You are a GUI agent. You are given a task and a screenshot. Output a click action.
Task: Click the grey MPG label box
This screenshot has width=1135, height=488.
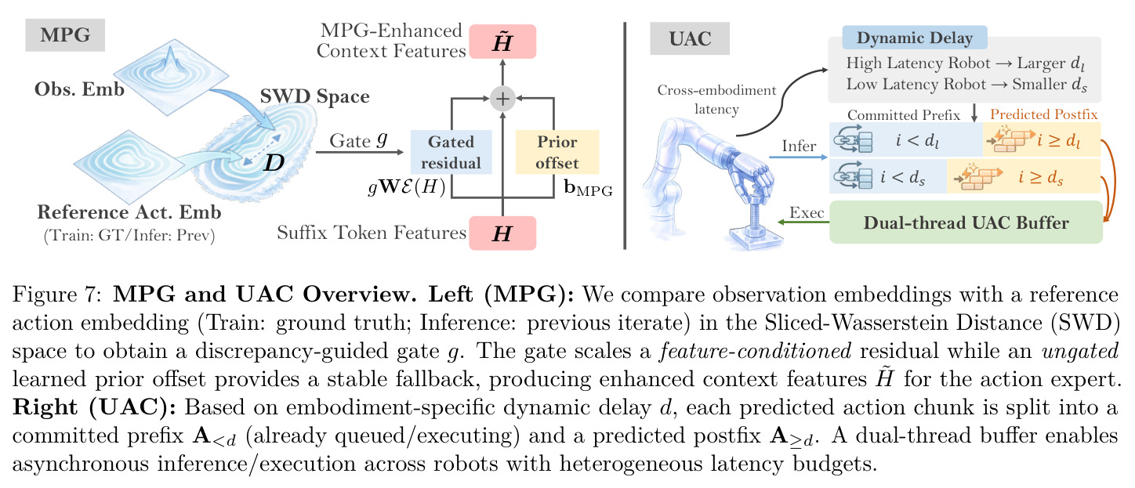pos(65,35)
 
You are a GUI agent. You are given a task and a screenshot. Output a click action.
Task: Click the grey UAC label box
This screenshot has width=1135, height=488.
pos(690,38)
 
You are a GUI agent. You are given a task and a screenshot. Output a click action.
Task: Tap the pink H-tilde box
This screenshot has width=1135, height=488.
pos(502,42)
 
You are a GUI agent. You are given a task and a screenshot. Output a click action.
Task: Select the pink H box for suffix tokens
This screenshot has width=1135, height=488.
pos(502,233)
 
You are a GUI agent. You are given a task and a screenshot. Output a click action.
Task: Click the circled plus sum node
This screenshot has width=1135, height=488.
pos(502,98)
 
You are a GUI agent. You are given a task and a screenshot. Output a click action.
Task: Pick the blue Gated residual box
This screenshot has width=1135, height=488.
pos(451,153)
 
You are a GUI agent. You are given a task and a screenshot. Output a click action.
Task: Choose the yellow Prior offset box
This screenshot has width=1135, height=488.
pos(557,153)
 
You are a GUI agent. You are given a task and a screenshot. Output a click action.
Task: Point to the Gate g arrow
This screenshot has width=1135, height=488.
pos(360,152)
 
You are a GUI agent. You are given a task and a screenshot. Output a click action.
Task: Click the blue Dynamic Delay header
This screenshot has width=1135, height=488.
pos(915,38)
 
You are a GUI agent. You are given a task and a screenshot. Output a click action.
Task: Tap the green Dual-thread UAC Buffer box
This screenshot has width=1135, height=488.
pos(966,222)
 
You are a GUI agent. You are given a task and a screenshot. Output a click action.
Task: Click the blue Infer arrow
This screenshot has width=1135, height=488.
pos(798,157)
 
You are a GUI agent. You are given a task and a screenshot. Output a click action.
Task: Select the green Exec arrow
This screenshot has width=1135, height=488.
pos(803,222)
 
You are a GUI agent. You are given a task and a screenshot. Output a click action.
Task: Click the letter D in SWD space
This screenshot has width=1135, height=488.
pos(274,162)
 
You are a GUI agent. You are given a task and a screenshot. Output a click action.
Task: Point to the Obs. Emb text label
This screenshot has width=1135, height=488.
pos(79,89)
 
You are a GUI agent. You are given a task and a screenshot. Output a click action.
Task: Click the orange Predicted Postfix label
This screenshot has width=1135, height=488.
pos(1044,114)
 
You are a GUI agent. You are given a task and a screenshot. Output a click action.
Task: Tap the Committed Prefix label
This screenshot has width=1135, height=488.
pos(904,115)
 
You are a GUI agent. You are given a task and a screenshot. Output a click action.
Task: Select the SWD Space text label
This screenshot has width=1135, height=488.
pos(314,96)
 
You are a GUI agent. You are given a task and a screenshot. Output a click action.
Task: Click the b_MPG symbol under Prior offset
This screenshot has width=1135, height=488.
pos(589,188)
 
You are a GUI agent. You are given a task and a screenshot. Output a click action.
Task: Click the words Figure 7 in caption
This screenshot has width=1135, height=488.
pos(58,295)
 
